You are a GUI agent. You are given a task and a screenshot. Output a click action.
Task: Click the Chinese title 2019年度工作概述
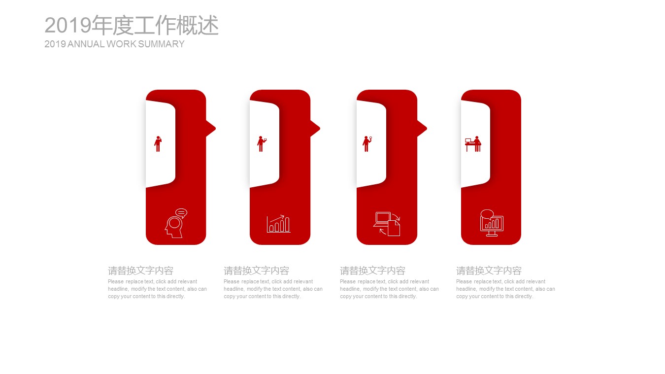[x=132, y=25]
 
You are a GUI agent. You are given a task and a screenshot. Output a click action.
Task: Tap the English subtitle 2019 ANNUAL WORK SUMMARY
[x=114, y=44]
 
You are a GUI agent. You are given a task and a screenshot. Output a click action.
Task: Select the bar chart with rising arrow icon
[x=278, y=224]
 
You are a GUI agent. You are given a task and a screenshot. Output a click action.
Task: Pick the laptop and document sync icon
[x=387, y=224]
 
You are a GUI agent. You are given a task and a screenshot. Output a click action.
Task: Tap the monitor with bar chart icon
[x=492, y=223]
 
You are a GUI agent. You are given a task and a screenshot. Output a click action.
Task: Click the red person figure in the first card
[x=158, y=144]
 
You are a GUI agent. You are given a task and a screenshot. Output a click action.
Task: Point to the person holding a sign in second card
[x=262, y=144]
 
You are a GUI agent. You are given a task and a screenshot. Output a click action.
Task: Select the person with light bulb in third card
[x=367, y=144]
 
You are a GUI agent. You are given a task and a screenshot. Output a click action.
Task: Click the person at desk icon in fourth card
[x=473, y=144]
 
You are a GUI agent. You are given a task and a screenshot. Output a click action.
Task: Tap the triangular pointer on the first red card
[x=211, y=128]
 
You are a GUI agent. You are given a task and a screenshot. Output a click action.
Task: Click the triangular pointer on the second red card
[x=315, y=128]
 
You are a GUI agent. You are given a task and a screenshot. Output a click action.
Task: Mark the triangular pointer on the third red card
[x=422, y=128]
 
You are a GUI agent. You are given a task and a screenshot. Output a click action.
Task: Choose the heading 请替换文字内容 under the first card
[x=141, y=271]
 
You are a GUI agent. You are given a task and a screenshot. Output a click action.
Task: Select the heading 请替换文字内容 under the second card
[x=257, y=271]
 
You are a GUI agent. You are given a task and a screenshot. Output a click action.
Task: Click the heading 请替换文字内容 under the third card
[x=373, y=271]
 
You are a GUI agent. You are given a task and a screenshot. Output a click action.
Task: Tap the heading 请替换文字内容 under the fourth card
[x=489, y=271]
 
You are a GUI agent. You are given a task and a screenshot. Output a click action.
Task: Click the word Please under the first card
[x=116, y=281]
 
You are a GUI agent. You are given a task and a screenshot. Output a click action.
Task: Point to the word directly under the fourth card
[x=524, y=297]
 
